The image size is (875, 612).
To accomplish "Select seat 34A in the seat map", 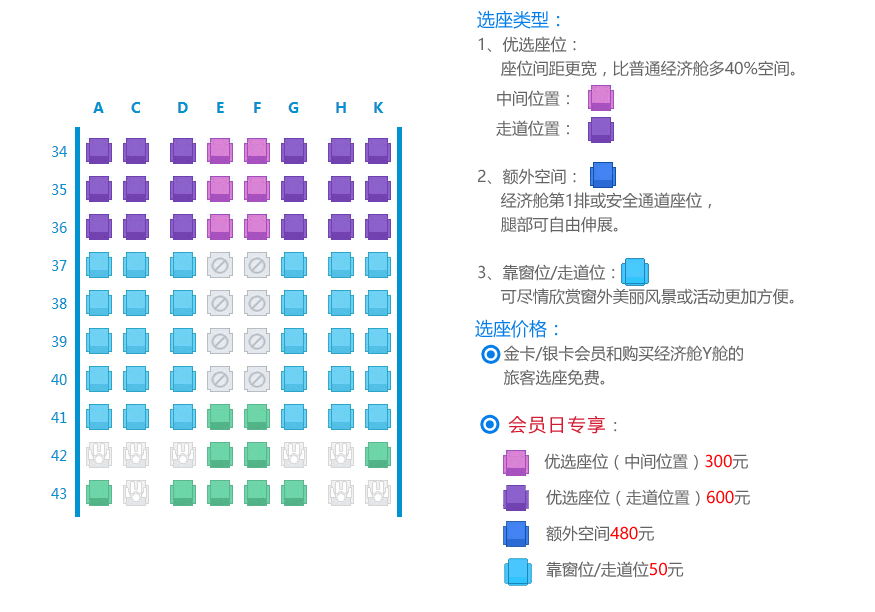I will [98, 151].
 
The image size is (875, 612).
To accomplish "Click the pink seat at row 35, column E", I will [220, 189].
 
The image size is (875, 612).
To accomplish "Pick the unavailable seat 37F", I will [257, 265].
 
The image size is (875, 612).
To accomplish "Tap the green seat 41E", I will [220, 417].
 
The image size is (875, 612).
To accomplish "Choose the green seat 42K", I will [378, 455].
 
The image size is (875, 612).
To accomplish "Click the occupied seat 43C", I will [135, 493].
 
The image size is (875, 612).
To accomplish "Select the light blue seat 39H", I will [341, 341].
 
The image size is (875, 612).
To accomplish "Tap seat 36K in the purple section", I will [378, 227].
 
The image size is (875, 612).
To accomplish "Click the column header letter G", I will [293, 108].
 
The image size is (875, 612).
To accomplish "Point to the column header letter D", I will [182, 108].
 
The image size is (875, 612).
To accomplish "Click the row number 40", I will [59, 380].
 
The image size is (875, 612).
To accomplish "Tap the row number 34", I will [59, 152].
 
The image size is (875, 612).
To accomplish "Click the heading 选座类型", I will [520, 19].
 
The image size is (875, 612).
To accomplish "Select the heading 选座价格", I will [518, 329].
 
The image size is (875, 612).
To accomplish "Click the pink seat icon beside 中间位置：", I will [601, 98].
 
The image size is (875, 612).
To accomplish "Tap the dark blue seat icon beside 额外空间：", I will [602, 176].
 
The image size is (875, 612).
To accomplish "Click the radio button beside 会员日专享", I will [490, 425].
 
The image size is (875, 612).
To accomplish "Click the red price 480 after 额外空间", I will [624, 533].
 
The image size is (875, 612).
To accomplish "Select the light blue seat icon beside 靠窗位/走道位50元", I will [518, 571].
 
